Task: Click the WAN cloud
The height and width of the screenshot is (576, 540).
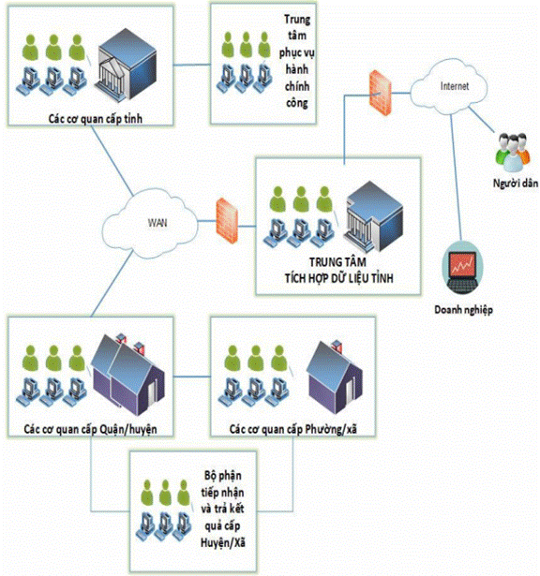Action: click(152, 222)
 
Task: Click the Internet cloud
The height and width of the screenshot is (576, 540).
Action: click(448, 86)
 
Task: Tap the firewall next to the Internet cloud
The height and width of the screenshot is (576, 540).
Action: click(381, 93)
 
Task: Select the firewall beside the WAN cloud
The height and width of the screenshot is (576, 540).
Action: click(227, 220)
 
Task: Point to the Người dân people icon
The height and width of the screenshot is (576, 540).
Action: click(513, 153)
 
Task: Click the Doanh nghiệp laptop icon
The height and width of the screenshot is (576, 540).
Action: click(462, 267)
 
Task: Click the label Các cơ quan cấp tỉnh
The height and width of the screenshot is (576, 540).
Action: click(96, 119)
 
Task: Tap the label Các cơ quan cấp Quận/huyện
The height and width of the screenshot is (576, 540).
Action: click(90, 429)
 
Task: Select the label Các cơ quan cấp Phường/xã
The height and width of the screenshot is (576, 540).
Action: click(293, 429)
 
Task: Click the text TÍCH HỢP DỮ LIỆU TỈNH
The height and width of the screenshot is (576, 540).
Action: click(339, 278)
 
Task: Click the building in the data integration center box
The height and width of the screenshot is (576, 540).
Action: click(373, 216)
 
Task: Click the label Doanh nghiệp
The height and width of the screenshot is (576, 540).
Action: click(463, 310)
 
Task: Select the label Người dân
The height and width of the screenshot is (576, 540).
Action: click(516, 183)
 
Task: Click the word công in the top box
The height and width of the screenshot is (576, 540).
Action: click(297, 103)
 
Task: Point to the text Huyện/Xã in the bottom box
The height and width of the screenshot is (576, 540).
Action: click(223, 542)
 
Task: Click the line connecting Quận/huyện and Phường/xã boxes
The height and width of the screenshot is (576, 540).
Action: click(192, 377)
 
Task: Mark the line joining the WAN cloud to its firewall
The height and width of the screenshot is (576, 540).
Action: click(207, 221)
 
